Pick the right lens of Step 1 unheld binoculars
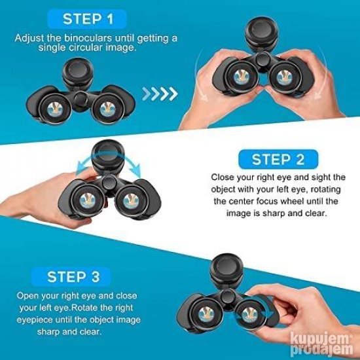coord(109,108)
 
